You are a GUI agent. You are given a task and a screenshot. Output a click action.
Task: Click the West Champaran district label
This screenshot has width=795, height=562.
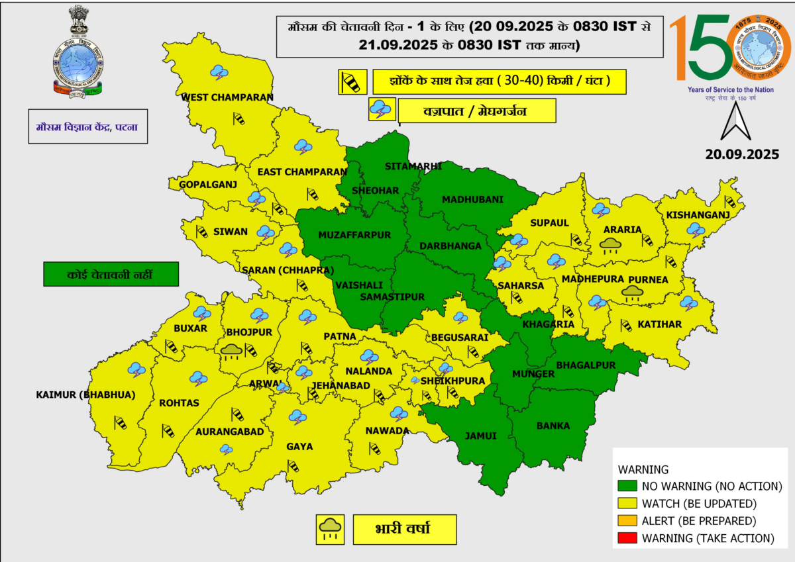(227, 97)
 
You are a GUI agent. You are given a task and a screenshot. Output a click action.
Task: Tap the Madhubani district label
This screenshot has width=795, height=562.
(473, 199)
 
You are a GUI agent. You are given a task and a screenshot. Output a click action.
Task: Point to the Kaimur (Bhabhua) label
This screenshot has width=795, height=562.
(85, 395)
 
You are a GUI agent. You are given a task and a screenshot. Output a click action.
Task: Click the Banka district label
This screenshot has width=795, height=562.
(553, 426)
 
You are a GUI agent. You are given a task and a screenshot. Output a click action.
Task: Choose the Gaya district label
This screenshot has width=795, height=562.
(299, 447)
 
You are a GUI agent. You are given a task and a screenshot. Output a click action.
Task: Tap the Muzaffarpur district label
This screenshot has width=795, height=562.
(354, 235)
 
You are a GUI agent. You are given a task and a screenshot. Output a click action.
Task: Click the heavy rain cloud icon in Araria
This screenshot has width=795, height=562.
(610, 246)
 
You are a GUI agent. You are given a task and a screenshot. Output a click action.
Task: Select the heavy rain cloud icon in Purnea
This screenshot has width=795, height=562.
(633, 293)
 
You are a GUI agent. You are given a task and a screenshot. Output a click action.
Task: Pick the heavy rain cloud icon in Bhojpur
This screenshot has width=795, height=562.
(231, 350)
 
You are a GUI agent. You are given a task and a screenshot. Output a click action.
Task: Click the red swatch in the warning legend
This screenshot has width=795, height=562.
(627, 538)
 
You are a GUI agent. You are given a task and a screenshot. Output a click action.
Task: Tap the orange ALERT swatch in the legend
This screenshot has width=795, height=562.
(627, 521)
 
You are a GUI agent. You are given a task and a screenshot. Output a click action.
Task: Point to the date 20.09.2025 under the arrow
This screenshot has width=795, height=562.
(741, 154)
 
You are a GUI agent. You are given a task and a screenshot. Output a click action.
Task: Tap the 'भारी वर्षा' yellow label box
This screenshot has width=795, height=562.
(404, 529)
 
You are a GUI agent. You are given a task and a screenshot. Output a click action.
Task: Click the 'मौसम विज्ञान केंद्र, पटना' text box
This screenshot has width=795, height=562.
(87, 126)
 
